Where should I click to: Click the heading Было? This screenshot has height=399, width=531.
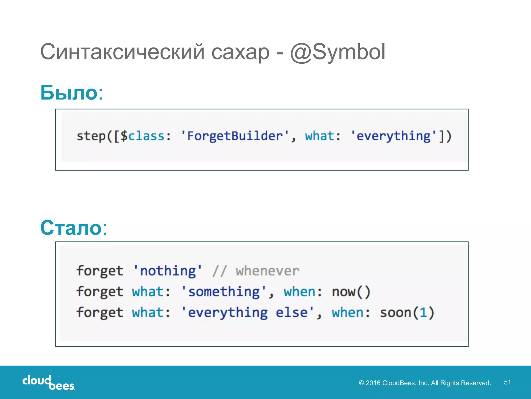coord(69,92)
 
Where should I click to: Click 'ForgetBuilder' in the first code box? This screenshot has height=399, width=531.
coord(235,136)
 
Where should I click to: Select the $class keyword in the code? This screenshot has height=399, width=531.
coord(143,136)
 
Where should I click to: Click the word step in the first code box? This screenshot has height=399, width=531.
coord(91,136)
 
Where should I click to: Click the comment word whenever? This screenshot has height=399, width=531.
coord(267,271)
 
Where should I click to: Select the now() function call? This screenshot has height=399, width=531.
coord(351,292)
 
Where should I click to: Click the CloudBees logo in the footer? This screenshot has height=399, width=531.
coord(48,383)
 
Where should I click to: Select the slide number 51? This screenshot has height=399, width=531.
coord(507,382)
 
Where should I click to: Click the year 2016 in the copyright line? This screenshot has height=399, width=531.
coord(373,383)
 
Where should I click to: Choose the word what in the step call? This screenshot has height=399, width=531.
coord(319,136)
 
